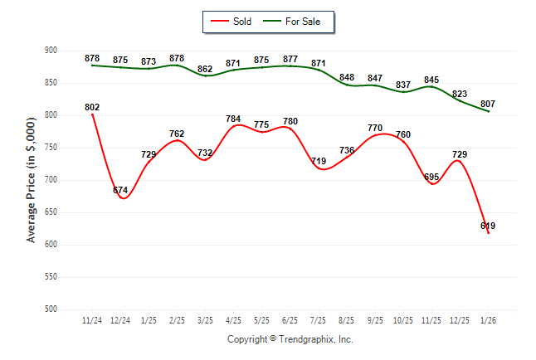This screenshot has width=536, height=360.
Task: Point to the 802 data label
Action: click(x=92, y=107)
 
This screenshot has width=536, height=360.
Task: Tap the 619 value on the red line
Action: click(x=488, y=226)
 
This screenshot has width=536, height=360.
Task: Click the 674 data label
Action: click(x=121, y=191)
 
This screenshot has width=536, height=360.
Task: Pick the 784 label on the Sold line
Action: click(x=233, y=119)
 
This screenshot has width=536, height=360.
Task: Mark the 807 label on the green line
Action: click(x=488, y=104)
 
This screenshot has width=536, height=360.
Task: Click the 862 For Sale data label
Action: click(x=205, y=70)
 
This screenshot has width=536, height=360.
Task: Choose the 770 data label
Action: click(x=375, y=129)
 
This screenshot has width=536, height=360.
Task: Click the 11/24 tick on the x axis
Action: click(x=92, y=320)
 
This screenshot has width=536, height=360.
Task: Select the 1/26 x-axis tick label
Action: click(x=488, y=320)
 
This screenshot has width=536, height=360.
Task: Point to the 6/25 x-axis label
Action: click(x=290, y=320)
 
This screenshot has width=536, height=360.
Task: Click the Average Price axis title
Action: click(x=32, y=180)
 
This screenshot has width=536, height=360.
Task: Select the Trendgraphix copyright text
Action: click(x=290, y=339)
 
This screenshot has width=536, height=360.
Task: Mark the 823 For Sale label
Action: click(x=460, y=94)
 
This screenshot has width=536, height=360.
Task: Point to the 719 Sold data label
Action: click(x=319, y=162)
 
